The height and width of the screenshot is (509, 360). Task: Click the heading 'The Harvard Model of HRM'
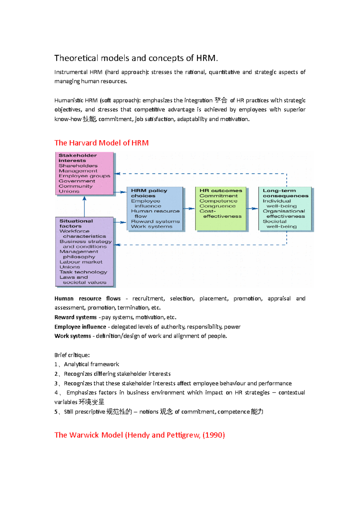click(x=101, y=143)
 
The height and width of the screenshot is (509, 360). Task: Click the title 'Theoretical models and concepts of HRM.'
click(x=136, y=58)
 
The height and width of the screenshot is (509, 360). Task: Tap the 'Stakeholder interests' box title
click(x=77, y=158)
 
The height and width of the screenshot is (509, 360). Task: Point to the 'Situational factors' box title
click(x=76, y=223)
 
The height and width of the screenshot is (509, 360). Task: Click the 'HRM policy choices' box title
click(x=149, y=193)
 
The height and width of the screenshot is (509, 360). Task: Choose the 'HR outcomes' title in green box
click(x=220, y=191)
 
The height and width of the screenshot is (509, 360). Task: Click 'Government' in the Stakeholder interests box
click(x=77, y=181)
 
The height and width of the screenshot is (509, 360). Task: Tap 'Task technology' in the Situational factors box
click(x=83, y=272)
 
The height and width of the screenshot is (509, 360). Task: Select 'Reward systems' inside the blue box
click(x=155, y=222)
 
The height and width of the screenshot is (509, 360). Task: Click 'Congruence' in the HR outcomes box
click(x=217, y=206)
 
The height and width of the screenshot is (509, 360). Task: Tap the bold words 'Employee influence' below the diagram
click(x=80, y=327)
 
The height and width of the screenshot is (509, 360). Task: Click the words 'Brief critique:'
click(x=72, y=355)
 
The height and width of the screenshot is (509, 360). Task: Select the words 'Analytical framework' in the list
click(x=91, y=365)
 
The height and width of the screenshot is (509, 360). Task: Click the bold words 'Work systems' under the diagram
click(x=73, y=336)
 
